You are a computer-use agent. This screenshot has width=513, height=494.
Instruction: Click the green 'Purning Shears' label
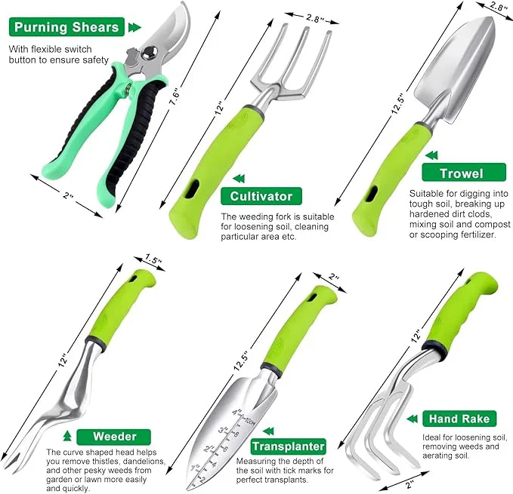(66, 27)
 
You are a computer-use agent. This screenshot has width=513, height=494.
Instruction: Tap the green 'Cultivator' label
(261, 196)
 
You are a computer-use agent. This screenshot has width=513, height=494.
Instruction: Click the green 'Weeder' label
(114, 437)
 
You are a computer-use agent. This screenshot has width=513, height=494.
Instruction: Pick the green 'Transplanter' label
(289, 446)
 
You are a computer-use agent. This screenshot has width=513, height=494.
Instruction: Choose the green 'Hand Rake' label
(459, 419)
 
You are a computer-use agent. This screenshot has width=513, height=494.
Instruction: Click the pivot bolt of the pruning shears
(150, 53)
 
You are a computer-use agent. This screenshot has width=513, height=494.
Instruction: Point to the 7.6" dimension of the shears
(175, 97)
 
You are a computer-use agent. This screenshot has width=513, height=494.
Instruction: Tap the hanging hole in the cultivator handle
(192, 189)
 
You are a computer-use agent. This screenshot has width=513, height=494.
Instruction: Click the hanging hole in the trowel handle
(372, 194)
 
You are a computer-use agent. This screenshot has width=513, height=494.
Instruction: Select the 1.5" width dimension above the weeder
(153, 259)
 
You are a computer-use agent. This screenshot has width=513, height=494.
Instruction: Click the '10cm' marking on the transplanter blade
(249, 421)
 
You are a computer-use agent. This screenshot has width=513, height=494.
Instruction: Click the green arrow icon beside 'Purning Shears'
(134, 27)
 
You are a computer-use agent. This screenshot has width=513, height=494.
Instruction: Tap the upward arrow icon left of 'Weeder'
(67, 436)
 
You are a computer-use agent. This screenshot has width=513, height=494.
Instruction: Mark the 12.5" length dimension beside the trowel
(397, 104)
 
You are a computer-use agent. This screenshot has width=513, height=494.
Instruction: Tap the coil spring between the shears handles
(128, 89)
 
